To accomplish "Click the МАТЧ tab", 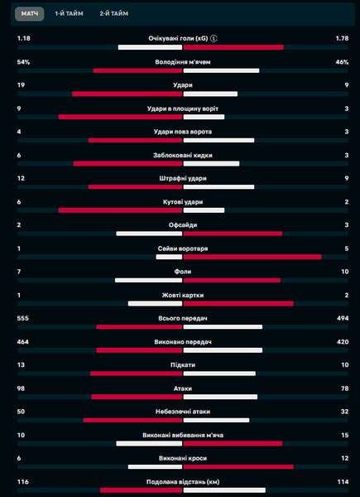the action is tap(30, 14).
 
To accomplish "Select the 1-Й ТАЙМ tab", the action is tap(69, 14).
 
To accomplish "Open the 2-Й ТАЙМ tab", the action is tap(114, 14).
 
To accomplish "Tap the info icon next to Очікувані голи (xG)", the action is tap(214, 39).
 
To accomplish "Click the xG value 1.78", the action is tap(343, 38).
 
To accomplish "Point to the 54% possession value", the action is tap(23, 62).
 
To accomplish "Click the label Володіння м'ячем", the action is tap(183, 62).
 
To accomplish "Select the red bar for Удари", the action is tap(127, 94).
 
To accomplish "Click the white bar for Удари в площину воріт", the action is tap(204, 117).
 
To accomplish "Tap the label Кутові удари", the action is tap(183, 202).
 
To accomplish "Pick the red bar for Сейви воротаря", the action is tap(252, 257).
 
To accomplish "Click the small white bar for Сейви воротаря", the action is tap(169, 257).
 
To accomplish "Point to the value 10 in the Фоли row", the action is tap(345, 272).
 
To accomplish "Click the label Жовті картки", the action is tap(183, 295).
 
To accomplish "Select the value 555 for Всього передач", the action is tap(23, 318).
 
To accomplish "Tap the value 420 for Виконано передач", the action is tap(343, 341).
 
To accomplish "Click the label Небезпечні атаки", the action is tap(183, 412).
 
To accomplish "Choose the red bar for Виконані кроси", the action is tap(238, 466).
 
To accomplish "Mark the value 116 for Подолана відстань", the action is tap(23, 482).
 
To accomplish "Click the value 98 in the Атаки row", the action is tap(21, 388).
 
